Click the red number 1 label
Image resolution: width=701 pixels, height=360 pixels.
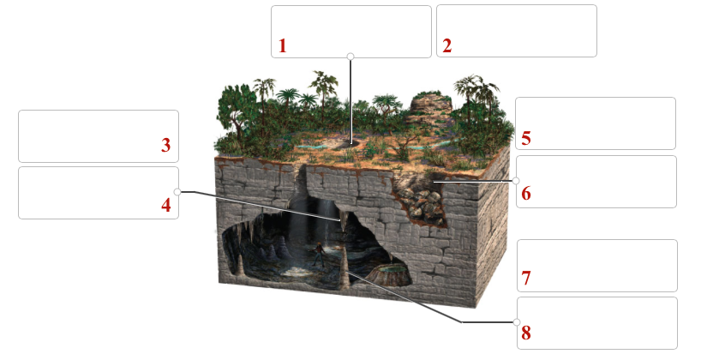(x=283, y=46)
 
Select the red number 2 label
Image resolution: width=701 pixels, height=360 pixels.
(x=446, y=46)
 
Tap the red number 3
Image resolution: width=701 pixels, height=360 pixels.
(x=166, y=146)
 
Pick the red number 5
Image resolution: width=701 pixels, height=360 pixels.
(x=526, y=137)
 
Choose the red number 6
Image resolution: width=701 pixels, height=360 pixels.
(x=526, y=194)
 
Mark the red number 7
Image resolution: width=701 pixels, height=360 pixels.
(x=526, y=279)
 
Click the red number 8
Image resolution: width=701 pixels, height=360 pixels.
(x=526, y=333)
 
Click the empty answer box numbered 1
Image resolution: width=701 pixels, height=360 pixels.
(x=350, y=31)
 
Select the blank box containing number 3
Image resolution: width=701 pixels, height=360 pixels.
(x=98, y=135)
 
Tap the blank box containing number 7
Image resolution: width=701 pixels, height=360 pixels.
(x=596, y=265)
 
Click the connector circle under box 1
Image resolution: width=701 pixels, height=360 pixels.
(x=350, y=57)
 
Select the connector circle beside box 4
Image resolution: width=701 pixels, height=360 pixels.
(x=177, y=192)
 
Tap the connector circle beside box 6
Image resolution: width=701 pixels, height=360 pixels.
(x=517, y=181)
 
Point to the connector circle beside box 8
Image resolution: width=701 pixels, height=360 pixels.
(x=517, y=322)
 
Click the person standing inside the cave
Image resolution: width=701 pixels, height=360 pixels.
(x=320, y=254)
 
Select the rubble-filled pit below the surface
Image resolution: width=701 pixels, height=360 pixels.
(x=421, y=201)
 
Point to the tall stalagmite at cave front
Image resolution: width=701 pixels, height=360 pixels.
(x=345, y=269)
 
